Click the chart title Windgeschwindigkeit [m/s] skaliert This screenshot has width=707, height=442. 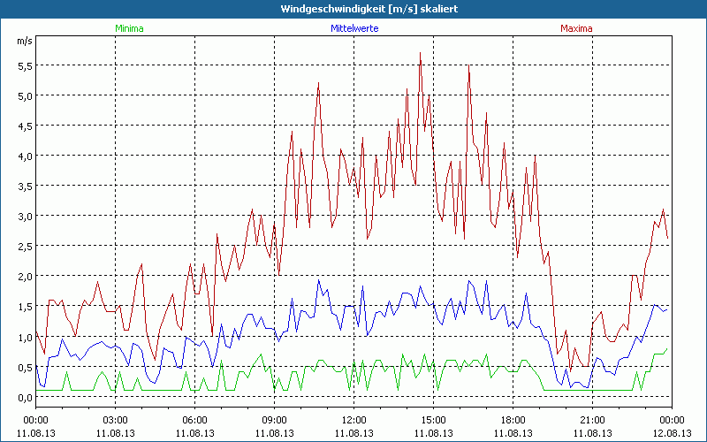point(353,9)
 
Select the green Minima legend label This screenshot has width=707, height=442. point(128,28)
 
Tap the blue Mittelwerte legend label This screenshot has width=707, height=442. point(353,28)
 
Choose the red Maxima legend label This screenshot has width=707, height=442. point(577,28)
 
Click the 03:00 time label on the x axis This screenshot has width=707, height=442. point(115,419)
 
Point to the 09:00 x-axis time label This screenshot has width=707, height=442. point(274,419)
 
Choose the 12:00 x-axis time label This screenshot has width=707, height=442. point(353,419)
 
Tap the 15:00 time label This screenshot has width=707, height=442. point(433,419)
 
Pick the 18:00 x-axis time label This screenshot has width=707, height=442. point(513,419)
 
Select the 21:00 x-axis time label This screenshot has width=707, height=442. point(592,419)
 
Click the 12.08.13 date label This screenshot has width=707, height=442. point(672,432)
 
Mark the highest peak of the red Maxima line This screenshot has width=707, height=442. point(421,53)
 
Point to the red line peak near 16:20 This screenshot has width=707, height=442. point(468,65)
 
